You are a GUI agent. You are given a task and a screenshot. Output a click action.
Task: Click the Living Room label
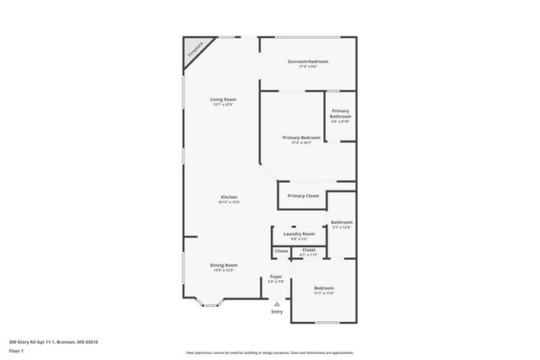[x=223, y=99]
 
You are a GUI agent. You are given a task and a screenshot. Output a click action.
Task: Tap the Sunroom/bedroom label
[x=307, y=62]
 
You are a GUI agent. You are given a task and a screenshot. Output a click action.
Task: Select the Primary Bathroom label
[x=340, y=113]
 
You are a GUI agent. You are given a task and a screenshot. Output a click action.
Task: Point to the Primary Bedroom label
[x=301, y=137]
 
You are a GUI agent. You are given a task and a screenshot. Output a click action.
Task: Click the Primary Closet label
[x=303, y=196]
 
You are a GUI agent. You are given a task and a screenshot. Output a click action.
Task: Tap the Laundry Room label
[x=299, y=234]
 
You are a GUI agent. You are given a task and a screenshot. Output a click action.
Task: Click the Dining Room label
[x=224, y=265]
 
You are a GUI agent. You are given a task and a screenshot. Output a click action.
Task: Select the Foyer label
[x=276, y=277]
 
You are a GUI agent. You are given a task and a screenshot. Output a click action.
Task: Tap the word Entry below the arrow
[x=277, y=313]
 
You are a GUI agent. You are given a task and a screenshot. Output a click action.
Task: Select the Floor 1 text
[x=17, y=350]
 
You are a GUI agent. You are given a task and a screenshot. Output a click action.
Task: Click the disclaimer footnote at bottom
[x=270, y=352]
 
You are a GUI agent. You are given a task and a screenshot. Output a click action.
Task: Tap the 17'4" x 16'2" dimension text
[x=301, y=142]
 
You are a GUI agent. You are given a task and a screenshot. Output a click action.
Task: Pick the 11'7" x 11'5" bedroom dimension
[x=324, y=293]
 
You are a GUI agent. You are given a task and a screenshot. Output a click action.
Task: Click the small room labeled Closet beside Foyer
[x=281, y=250]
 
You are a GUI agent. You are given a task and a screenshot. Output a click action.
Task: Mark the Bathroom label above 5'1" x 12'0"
[x=342, y=223]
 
